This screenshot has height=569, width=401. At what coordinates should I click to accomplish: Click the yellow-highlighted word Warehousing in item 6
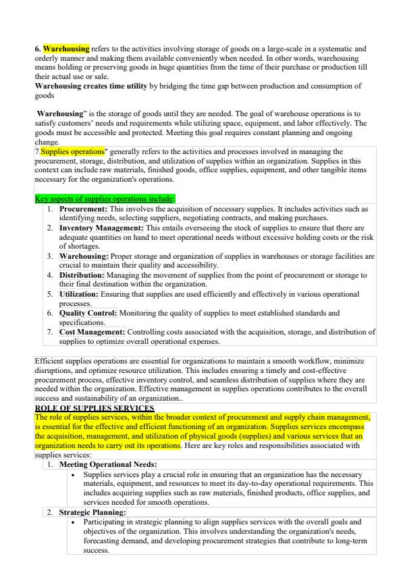(x=66, y=49)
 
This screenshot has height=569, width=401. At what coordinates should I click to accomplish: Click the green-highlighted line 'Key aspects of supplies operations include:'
(x=105, y=199)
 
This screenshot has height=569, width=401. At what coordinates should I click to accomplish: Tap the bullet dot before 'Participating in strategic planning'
(x=73, y=522)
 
